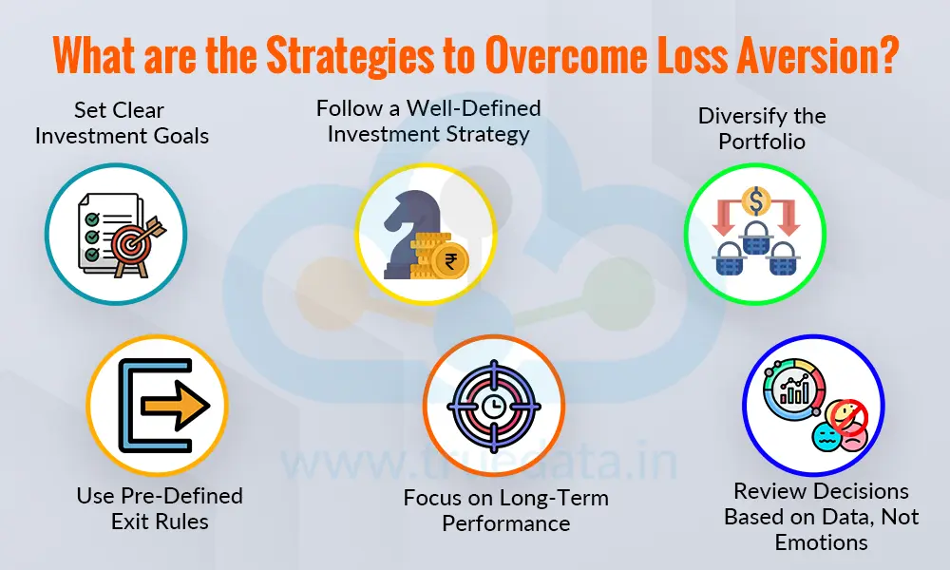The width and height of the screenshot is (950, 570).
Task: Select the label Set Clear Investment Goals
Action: click(122, 123)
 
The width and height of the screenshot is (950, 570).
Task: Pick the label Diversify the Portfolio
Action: click(762, 128)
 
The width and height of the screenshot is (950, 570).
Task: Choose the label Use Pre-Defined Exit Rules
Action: click(160, 508)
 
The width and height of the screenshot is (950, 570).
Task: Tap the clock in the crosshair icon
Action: click(493, 406)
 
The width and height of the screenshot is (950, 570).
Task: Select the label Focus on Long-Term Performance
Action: click(505, 511)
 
